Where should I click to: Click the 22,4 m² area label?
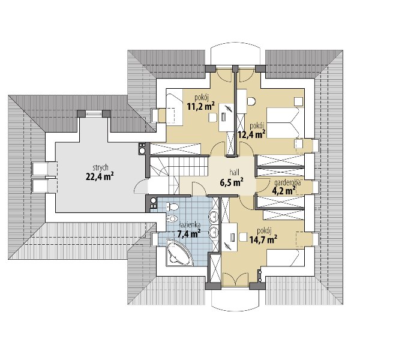pos(100,176)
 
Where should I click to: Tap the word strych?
pos(100,168)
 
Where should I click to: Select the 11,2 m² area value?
pos(200,106)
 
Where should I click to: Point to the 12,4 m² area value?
pos(251,134)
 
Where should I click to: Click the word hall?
pos(234,172)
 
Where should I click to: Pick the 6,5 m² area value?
pos(231,182)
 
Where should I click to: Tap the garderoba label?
pos(287,183)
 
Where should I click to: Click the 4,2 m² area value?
pos(284,191)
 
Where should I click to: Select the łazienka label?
pos(190,225)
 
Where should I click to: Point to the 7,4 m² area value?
pos(189,234)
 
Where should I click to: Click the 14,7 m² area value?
pos(263,239)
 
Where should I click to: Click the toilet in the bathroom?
pos(173,206)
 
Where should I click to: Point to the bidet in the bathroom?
pos(172,219)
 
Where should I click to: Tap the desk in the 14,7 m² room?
pos(230,237)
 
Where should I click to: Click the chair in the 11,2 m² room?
pos(212,118)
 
